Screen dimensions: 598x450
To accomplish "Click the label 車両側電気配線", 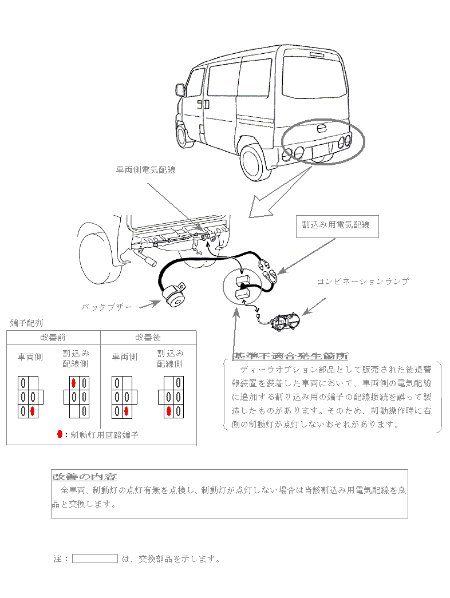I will pyautogui.click(x=145, y=169).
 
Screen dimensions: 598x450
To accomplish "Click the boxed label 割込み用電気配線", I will pyautogui.click(x=336, y=225).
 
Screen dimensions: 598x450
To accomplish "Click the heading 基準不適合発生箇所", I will pyautogui.click(x=290, y=356).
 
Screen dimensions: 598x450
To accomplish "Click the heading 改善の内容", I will pyautogui.click(x=85, y=477).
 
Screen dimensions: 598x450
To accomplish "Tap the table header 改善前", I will pyautogui.click(x=53, y=338).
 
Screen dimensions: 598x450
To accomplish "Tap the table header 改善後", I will pyautogui.click(x=148, y=338).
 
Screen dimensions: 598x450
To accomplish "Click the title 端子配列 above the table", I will pyautogui.click(x=26, y=323).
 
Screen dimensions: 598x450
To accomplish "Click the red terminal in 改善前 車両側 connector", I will pyautogui.click(x=33, y=411).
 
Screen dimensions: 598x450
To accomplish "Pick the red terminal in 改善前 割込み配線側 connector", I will pyautogui.click(x=74, y=382).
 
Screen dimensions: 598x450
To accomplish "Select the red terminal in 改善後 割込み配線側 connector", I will pyautogui.click(x=169, y=411).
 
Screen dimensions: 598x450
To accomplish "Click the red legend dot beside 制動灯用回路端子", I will pyautogui.click(x=60, y=434).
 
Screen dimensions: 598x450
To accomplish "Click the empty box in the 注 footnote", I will pyautogui.click(x=95, y=559).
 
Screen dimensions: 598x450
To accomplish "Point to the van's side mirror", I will pyautogui.click(x=180, y=90).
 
